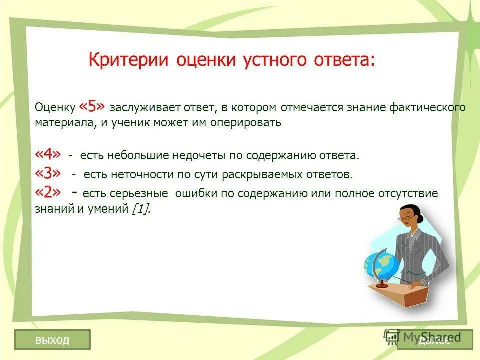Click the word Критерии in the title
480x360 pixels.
(x=129, y=60)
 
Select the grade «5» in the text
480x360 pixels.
(x=92, y=107)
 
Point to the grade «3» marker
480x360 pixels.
(x=49, y=173)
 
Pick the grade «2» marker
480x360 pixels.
(x=49, y=192)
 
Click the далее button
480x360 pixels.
(x=435, y=340)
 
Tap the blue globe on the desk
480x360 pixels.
(x=381, y=263)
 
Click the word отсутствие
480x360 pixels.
(x=407, y=194)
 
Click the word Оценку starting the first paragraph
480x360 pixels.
(x=55, y=108)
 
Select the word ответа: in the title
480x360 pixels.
(x=347, y=60)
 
